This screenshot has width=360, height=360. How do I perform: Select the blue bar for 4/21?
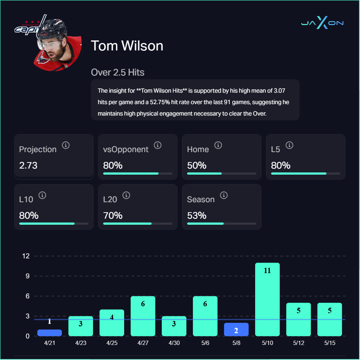tap(49, 333)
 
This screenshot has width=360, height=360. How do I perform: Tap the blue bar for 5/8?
tap(236, 329)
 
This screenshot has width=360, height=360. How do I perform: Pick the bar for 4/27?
tap(143, 316)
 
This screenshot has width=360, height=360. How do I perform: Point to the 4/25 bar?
tap(112, 323)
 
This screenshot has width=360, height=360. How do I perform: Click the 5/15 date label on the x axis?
tap(330, 343)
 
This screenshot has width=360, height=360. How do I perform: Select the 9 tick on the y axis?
tap(26, 276)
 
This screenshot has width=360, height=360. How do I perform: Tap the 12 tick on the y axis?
tap(26, 256)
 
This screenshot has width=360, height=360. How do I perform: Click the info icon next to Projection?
tap(65, 145)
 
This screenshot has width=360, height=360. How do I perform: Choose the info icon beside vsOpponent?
tap(157, 145)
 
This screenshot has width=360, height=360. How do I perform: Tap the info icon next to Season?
tap(224, 195)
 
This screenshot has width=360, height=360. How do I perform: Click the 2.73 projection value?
tap(28, 166)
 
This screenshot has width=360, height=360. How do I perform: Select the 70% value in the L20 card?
tap(113, 216)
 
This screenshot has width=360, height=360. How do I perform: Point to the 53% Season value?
tap(196, 216)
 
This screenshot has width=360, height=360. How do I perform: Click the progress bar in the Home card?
tap(222, 174)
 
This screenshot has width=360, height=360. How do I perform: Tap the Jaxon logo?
tap(322, 23)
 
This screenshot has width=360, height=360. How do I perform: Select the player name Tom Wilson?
tap(127, 46)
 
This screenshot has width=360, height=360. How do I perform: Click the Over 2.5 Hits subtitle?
tap(118, 72)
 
